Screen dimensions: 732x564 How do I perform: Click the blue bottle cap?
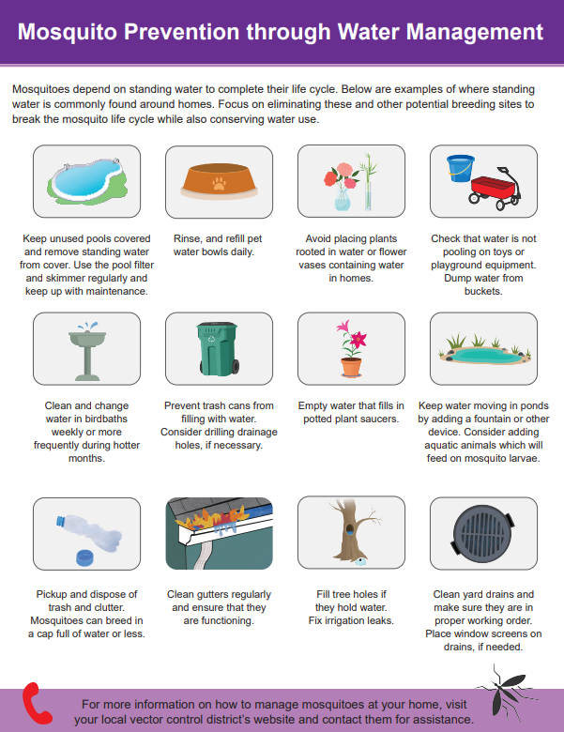[x=86, y=557]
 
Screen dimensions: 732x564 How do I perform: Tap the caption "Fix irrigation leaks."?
[x=350, y=621]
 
